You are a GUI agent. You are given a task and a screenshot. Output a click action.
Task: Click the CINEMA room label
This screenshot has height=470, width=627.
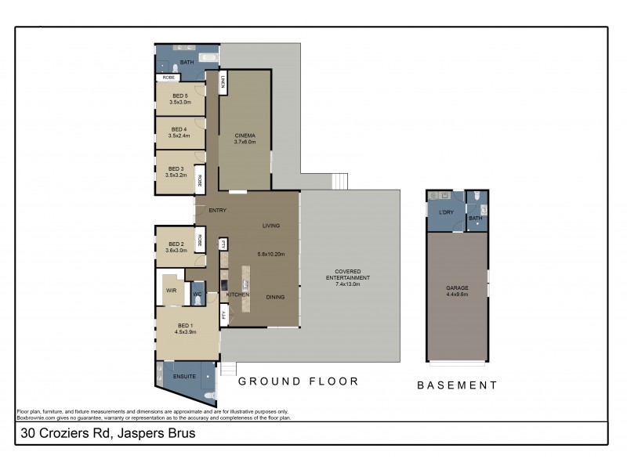(x=245, y=136)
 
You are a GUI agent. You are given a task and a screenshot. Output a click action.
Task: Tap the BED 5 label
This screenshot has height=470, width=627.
(x=179, y=96)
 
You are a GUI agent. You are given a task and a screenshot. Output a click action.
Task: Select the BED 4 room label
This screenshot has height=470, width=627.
(x=179, y=129)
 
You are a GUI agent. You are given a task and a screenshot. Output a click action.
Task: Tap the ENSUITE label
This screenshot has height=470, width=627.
(x=184, y=376)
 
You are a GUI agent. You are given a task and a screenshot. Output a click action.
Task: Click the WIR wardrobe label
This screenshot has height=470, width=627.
(x=170, y=291)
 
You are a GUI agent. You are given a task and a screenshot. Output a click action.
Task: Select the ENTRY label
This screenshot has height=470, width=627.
(x=217, y=210)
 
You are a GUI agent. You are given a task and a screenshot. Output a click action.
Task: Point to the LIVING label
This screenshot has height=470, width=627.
(x=270, y=226)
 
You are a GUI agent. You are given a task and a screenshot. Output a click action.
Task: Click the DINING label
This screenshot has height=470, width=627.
(x=275, y=297)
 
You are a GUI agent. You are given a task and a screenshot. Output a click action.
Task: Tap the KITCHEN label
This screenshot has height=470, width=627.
(x=237, y=294)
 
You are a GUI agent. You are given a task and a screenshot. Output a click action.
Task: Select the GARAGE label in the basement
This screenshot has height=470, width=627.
(x=457, y=287)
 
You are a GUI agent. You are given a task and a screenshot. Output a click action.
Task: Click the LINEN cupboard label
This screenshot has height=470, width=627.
(x=223, y=82)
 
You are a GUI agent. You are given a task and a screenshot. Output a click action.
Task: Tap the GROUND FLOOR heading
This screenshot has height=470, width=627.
(x=298, y=381)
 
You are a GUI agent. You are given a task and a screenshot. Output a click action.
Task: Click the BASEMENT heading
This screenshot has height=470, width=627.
(x=457, y=385)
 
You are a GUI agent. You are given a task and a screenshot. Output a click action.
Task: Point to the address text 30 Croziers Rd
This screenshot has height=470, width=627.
(x=66, y=432)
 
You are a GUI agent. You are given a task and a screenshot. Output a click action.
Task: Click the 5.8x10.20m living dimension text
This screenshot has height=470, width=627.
(x=270, y=254)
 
